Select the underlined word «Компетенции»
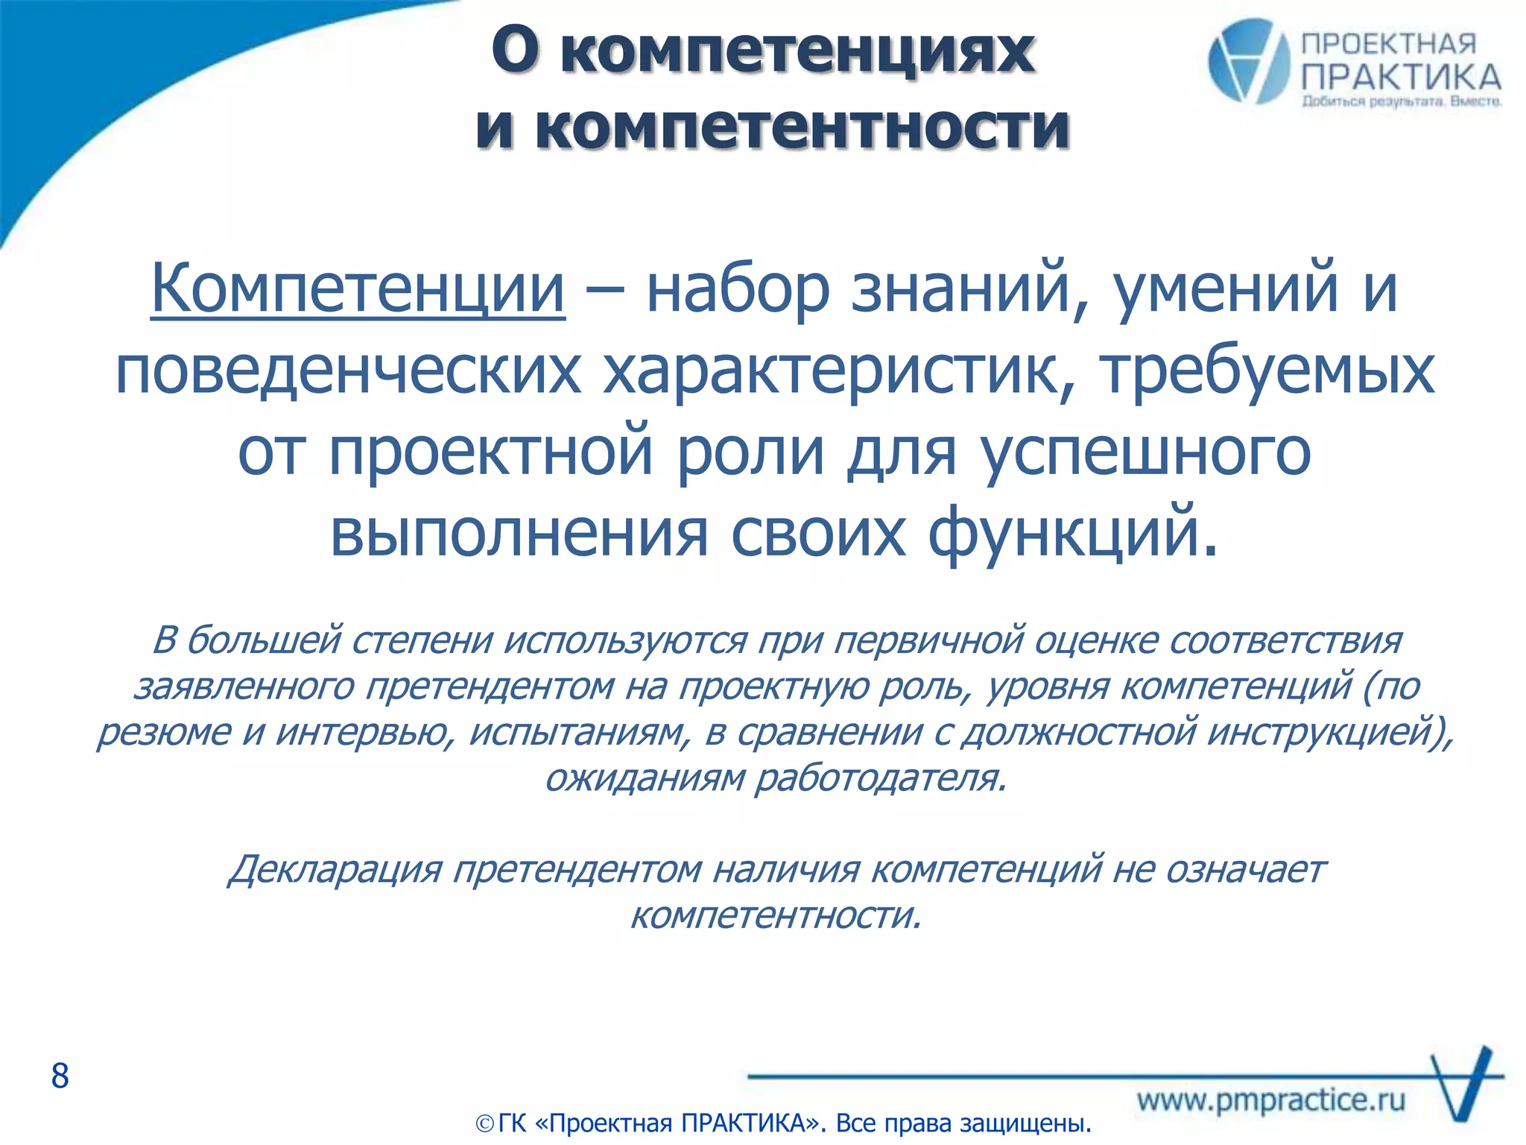tap(358, 289)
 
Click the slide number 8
tap(60, 1076)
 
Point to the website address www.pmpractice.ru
tap(1271, 1100)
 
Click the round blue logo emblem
tap(1248, 62)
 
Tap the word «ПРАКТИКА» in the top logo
tap(1401, 78)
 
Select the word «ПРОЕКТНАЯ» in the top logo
tap(1388, 44)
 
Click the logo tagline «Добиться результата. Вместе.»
tap(1401, 101)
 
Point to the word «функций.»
tap(1073, 534)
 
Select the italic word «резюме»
tap(164, 732)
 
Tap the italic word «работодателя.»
tap(881, 778)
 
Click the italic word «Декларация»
tap(335, 870)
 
